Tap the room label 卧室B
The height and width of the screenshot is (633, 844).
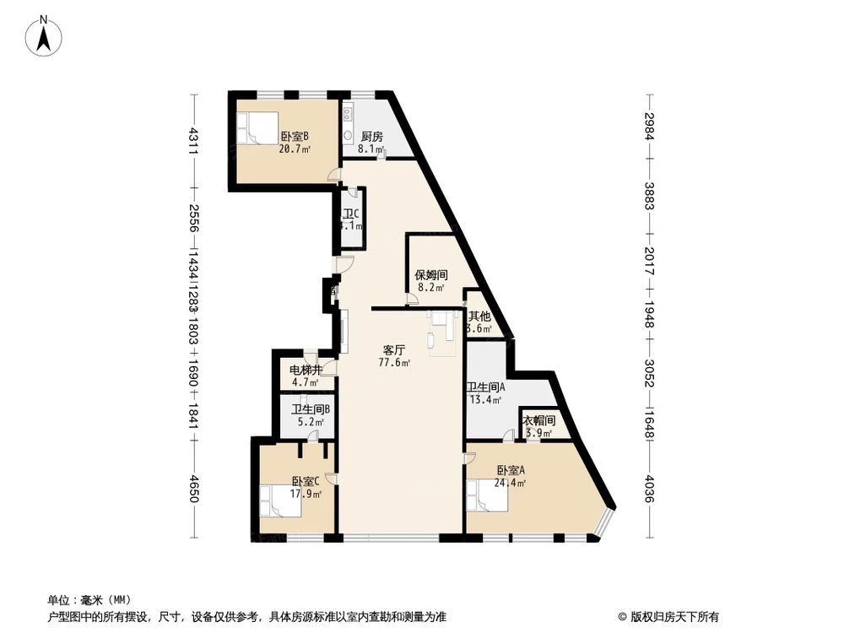(x=295, y=136)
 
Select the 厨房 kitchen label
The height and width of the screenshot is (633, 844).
(x=372, y=136)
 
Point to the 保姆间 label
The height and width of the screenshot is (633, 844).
(x=430, y=275)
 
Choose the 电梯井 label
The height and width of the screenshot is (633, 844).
(x=306, y=371)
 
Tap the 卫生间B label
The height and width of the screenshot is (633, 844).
(x=311, y=411)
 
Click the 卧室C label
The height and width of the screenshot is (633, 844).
(x=305, y=482)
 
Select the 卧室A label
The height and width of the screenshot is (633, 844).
(x=511, y=471)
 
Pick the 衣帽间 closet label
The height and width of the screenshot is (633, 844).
(x=538, y=421)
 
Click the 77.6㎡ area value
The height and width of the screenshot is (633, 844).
(x=394, y=364)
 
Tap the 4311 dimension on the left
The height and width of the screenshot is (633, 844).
(x=194, y=139)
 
